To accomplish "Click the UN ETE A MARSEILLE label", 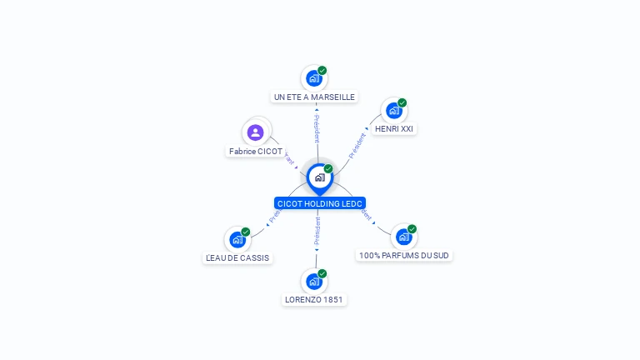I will click(x=314, y=97).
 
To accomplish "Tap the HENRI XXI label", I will click(x=394, y=129).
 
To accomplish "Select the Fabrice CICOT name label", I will click(x=256, y=152).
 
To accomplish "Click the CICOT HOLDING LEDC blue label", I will click(x=320, y=203).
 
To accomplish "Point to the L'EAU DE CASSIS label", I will click(x=237, y=258).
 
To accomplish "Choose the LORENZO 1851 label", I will click(x=313, y=300).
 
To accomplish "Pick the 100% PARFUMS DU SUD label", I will click(x=404, y=256).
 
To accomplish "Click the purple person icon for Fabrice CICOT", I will click(x=256, y=132).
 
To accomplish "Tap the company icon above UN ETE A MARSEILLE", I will click(x=313, y=78).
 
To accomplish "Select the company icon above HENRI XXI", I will click(x=393, y=111).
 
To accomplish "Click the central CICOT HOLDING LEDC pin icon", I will click(x=319, y=177).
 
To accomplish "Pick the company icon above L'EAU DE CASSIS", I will click(x=237, y=240).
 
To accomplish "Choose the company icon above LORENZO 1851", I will click(x=313, y=282).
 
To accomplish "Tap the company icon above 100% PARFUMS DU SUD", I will click(x=403, y=237).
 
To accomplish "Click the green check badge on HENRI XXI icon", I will click(x=402, y=102).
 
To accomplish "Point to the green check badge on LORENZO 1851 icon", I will click(x=322, y=273).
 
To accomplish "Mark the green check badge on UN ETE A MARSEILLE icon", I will click(x=322, y=70).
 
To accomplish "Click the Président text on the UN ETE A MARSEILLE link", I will click(x=317, y=127).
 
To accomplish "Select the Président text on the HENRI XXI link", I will click(x=357, y=146).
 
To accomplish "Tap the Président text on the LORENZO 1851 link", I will click(x=317, y=232).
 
